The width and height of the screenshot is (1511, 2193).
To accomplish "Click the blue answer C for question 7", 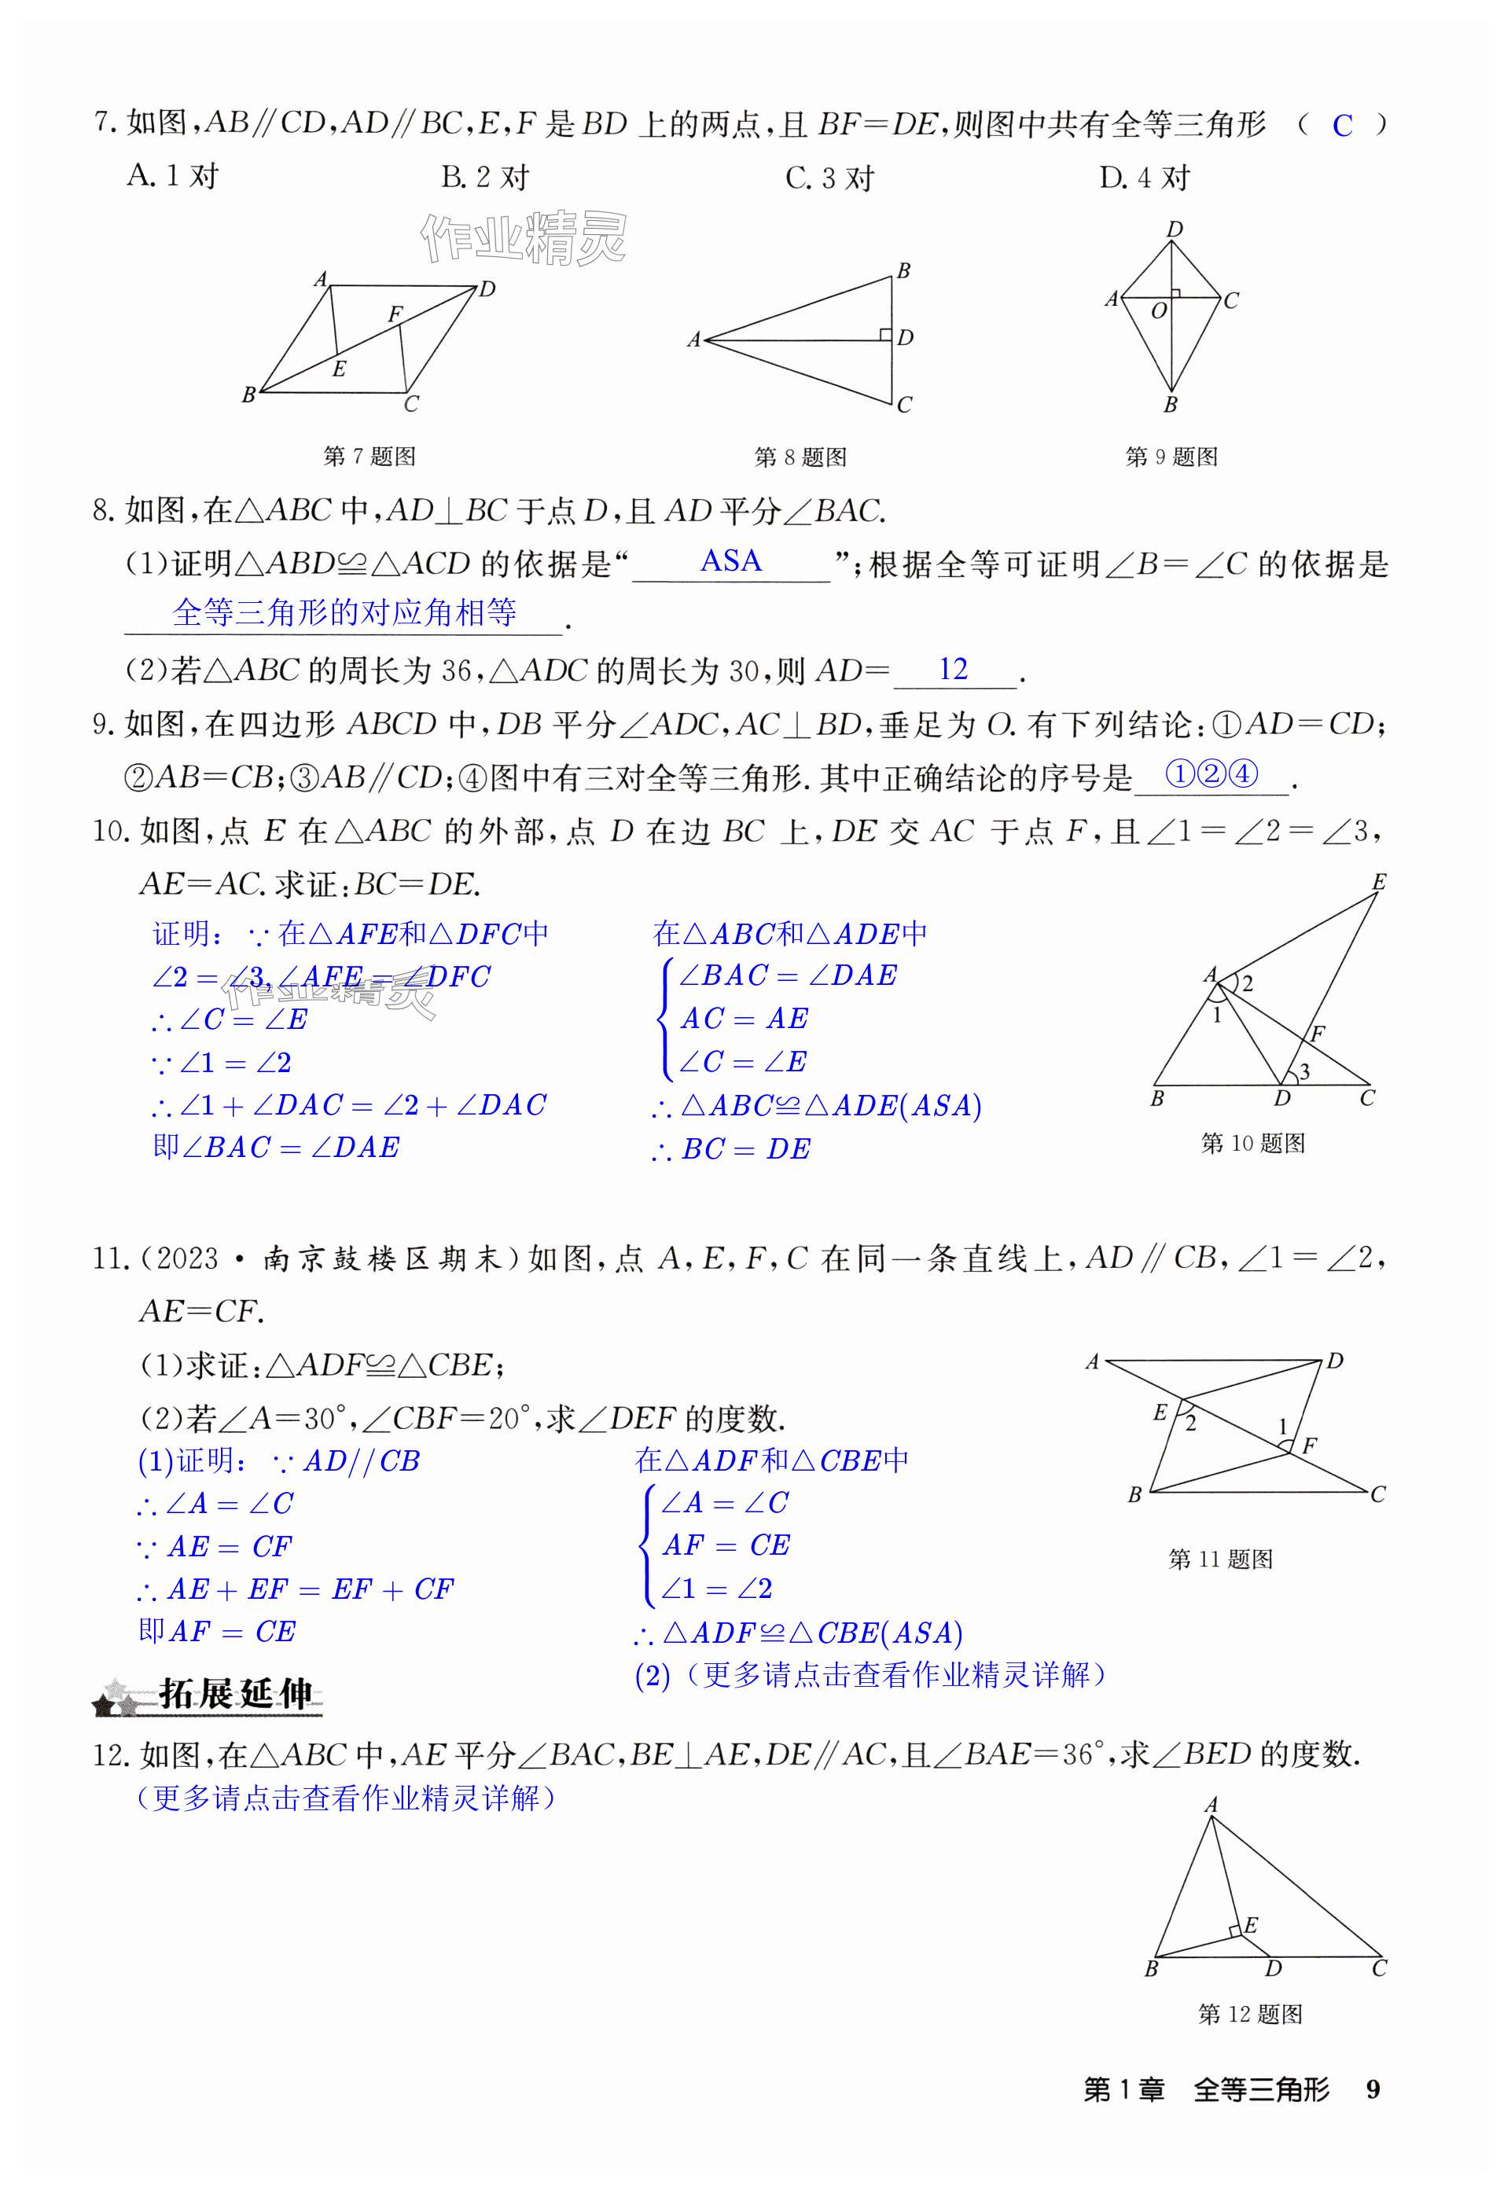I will [1341, 126].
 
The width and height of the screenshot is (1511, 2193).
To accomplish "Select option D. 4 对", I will [1145, 178].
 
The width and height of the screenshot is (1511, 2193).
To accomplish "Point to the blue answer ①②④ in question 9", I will [1211, 774].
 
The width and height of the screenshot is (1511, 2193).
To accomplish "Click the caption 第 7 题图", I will [369, 456].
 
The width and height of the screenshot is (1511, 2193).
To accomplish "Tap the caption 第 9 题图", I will [1171, 456].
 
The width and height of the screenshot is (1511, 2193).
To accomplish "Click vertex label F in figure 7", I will [395, 314].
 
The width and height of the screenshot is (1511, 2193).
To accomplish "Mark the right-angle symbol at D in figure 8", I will [885, 334].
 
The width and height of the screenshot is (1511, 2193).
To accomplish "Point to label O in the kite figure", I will [1159, 310].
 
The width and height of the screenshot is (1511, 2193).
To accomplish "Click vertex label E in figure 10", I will [1378, 882].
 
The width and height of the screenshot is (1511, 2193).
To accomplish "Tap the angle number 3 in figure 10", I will [1304, 1071].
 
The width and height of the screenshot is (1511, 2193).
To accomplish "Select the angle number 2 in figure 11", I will [1191, 1423].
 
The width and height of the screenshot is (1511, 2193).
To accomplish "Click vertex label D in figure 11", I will [1335, 1361].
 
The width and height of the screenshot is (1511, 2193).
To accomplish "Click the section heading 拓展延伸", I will [235, 1694].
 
